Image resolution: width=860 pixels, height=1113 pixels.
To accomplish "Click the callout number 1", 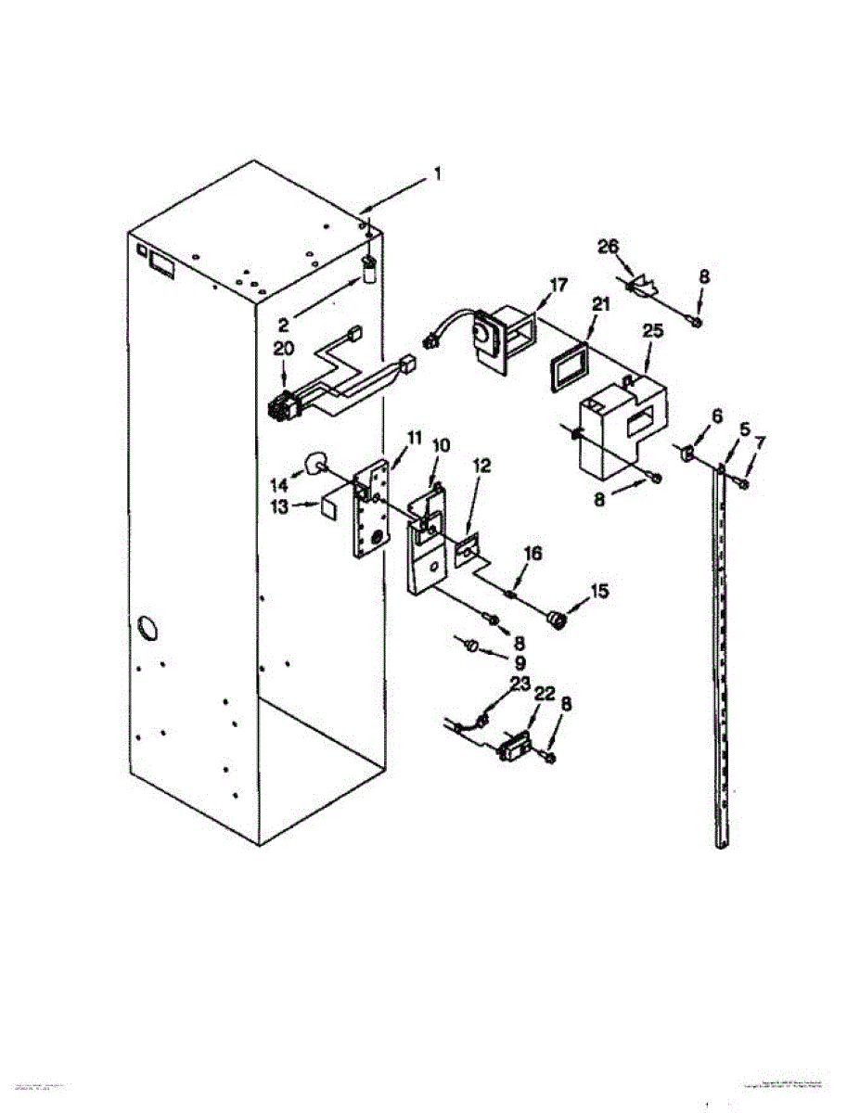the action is click(x=439, y=173).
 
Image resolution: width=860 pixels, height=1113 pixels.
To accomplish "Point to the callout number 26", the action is click(x=608, y=246).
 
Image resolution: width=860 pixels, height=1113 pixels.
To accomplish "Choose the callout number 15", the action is click(x=600, y=590).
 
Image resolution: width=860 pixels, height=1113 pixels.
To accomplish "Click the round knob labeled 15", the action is click(x=557, y=620).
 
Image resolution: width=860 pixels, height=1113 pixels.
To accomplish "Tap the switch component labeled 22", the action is click(x=512, y=747).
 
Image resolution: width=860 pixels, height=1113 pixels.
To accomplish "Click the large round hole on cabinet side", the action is click(x=146, y=629).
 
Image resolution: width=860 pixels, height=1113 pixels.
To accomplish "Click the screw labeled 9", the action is click(x=471, y=644).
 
